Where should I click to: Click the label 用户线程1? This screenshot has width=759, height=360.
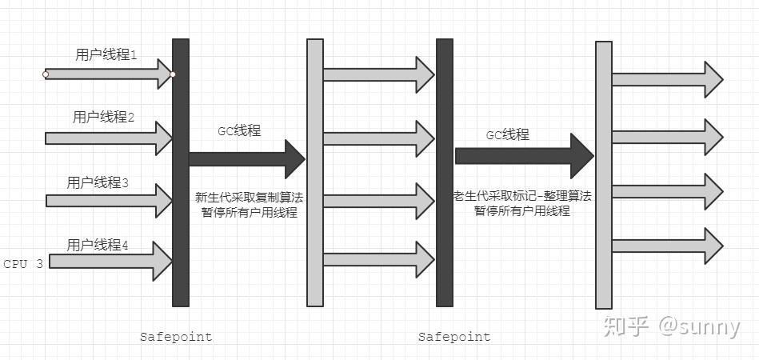[106, 55]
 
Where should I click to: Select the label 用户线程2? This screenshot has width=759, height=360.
[103, 118]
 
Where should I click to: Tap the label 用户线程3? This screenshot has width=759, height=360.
[98, 183]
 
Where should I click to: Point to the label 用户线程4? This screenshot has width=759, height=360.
[98, 245]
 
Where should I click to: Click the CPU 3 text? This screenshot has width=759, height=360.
[23, 263]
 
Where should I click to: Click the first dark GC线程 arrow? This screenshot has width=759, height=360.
[244, 158]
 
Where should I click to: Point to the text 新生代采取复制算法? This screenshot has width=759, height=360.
[249, 197]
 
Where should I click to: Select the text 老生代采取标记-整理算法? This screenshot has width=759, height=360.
[521, 196]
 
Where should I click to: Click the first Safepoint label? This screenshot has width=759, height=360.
[176, 337]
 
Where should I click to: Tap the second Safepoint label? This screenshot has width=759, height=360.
[454, 337]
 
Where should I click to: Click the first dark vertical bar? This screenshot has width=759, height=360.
[181, 172]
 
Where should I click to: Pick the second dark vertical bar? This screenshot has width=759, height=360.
[445, 172]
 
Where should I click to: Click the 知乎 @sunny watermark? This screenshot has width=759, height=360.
[671, 327]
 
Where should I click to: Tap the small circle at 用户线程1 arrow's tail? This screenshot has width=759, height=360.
[46, 74]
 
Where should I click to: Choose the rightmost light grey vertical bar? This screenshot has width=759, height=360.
[604, 174]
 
